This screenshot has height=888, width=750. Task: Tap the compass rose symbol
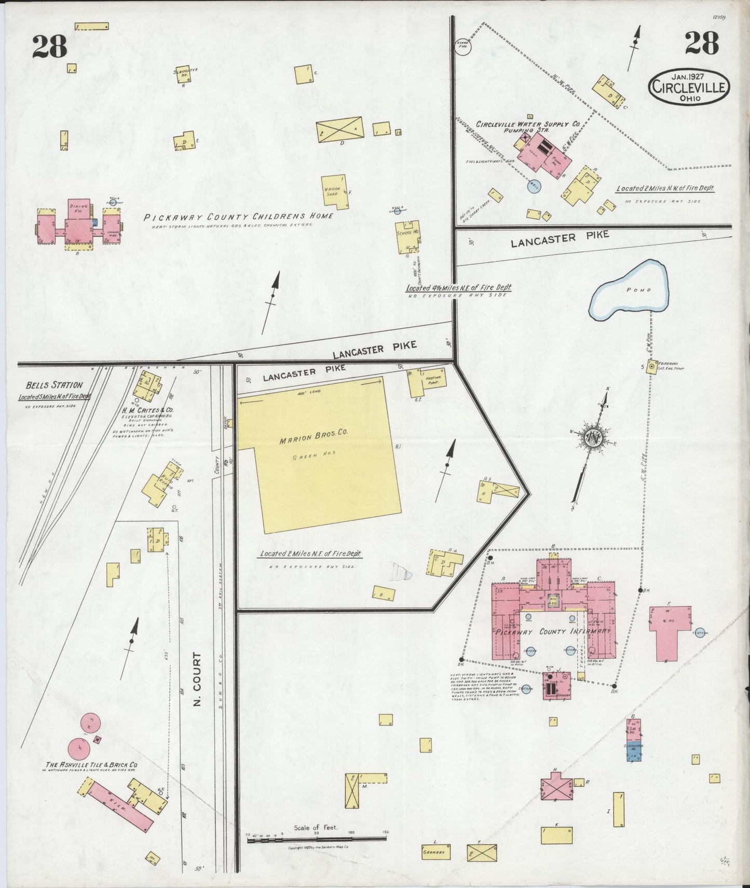(591, 438)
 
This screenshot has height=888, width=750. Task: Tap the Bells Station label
(54, 385)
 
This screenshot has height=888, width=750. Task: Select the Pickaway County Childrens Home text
(238, 217)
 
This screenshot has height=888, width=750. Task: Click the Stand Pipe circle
(462, 46)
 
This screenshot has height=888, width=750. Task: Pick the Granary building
(435, 852)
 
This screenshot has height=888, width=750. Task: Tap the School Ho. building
(407, 237)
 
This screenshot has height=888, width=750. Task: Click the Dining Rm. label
(78, 208)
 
